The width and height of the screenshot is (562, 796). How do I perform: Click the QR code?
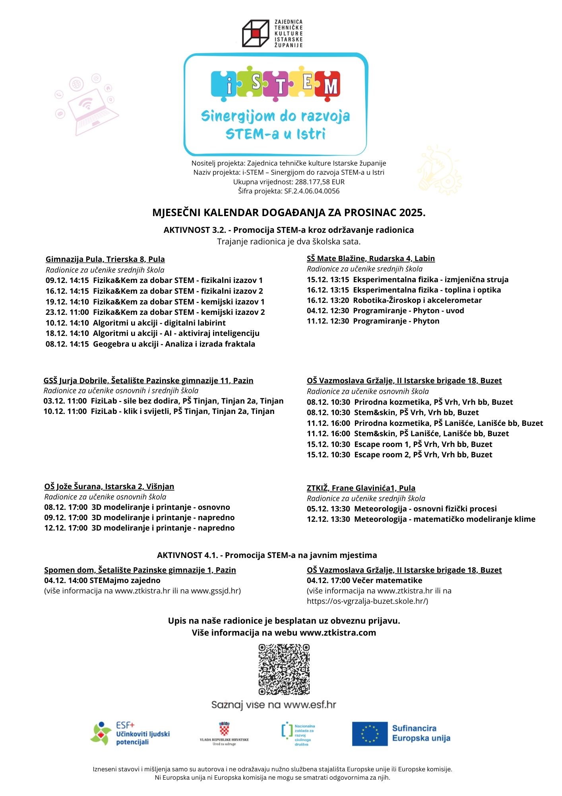click(284, 669)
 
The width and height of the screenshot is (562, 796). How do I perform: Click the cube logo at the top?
click(256, 33)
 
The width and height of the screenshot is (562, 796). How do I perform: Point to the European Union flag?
click(370, 734)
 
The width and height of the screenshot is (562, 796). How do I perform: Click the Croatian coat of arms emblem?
click(225, 729)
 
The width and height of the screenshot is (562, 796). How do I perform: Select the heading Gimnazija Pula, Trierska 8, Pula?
click(105, 259)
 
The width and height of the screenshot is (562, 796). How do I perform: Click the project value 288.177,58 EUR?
click(320, 182)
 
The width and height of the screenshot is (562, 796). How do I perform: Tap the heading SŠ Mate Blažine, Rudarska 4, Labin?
click(370, 258)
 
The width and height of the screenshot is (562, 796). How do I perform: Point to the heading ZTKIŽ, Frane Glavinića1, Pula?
click(361, 488)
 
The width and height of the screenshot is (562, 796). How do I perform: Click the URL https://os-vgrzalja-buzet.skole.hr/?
click(367, 601)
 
